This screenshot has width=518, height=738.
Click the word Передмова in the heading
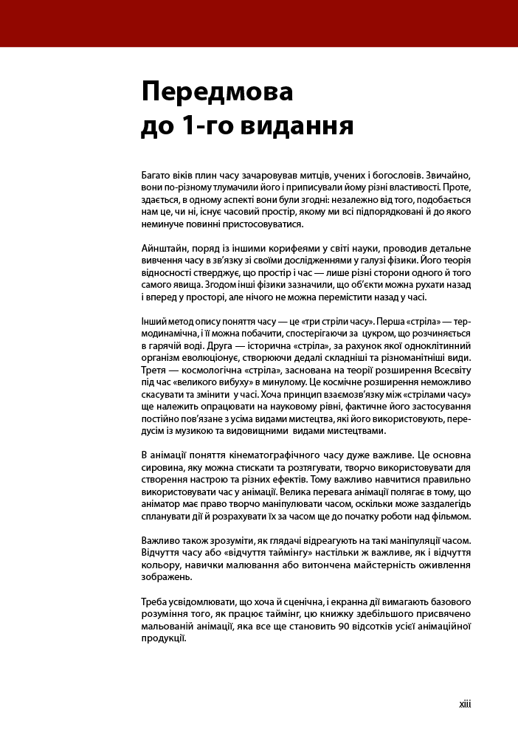pos(216,93)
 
